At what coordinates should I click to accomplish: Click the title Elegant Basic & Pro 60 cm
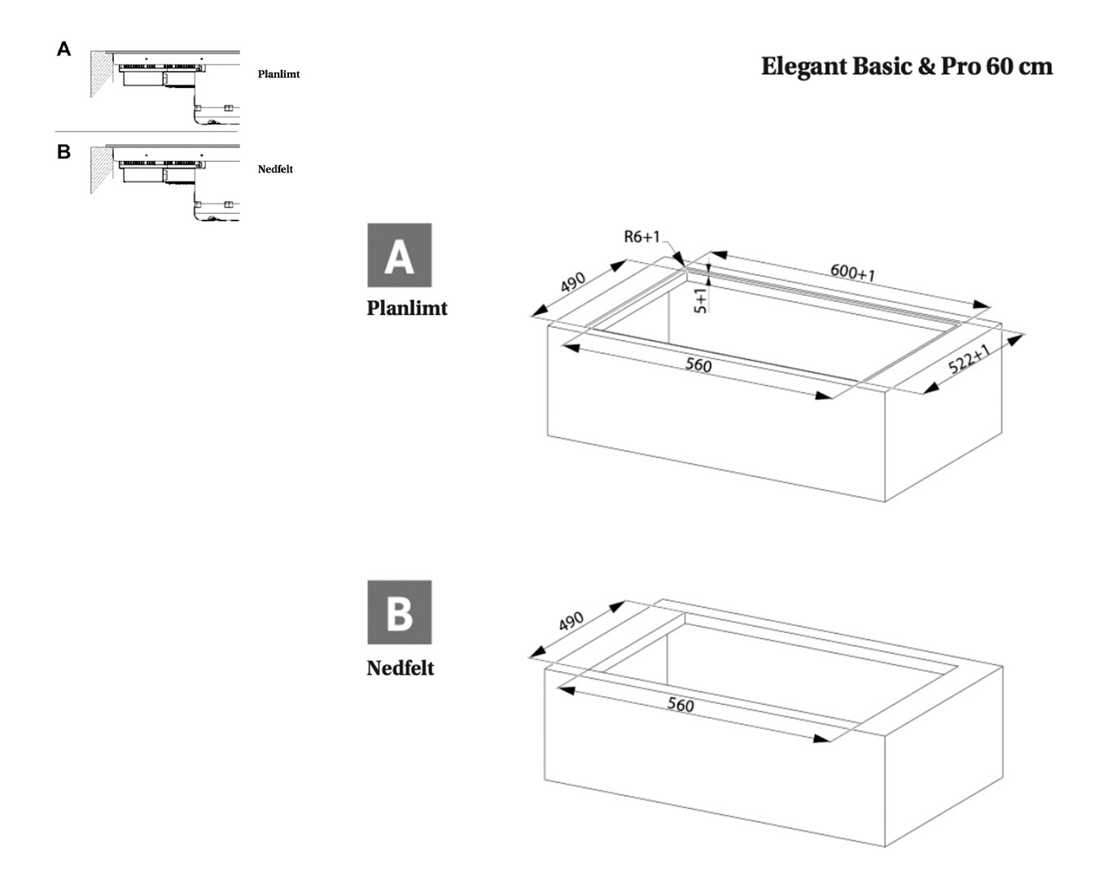point(906,66)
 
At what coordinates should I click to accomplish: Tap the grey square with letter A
point(399,255)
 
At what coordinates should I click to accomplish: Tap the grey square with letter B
point(399,612)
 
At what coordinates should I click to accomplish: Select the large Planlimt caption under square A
point(407,308)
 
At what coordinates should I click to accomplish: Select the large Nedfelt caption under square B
point(401,668)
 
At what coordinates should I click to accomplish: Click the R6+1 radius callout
point(641,237)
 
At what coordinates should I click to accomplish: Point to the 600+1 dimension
point(852,272)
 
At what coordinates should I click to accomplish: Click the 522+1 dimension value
point(970,358)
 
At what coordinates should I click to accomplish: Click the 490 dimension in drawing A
point(572,282)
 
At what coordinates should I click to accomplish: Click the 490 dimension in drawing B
point(571,621)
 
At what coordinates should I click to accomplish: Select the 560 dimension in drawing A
point(698,365)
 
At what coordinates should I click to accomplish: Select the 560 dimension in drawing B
point(681,705)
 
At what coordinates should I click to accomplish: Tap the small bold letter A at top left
point(63,50)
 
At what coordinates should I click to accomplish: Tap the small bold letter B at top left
point(63,152)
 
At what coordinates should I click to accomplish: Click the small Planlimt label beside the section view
point(278,74)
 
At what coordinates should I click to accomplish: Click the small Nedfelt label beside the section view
point(275,169)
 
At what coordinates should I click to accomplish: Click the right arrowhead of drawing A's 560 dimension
point(824,396)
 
